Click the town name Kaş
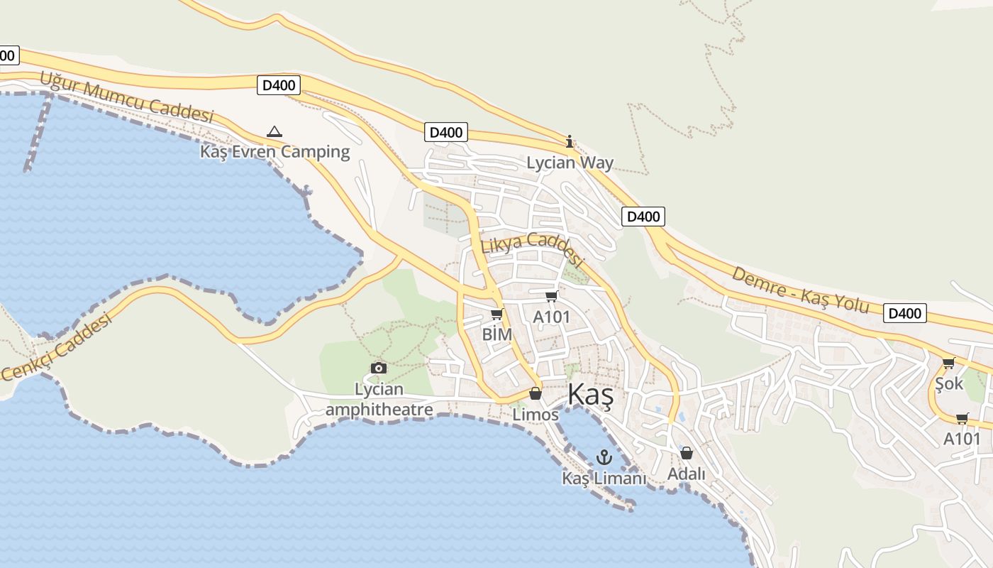point(590,395)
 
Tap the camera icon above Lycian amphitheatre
point(379,368)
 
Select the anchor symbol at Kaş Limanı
point(604,457)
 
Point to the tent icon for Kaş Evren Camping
point(274,131)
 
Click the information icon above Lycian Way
point(570,142)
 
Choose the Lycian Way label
point(570,163)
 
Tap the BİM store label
point(496,334)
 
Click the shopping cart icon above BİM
point(497,314)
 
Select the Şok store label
point(949,383)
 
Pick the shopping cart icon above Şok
point(949,364)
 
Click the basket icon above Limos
point(536,393)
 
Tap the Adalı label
point(687,473)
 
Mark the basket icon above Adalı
point(687,453)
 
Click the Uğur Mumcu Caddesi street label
point(126,97)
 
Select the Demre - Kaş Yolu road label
point(800,290)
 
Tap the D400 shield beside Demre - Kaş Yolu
point(905,313)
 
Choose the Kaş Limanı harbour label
point(604,479)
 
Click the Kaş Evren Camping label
point(274,151)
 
